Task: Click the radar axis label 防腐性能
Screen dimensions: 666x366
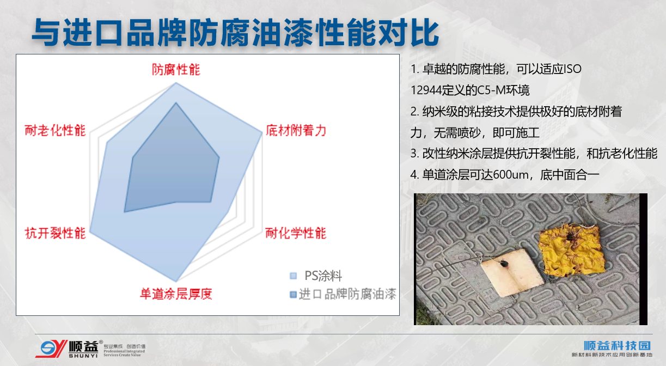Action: [176, 70]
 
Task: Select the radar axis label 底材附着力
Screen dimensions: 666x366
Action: [296, 131]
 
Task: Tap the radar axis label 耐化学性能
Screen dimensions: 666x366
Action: [296, 233]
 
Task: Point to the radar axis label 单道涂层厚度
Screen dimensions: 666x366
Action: [176, 294]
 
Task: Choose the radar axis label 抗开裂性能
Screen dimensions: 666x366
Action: [56, 233]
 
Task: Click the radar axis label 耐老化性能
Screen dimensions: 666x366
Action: [56, 131]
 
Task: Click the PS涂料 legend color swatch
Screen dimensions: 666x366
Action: [293, 276]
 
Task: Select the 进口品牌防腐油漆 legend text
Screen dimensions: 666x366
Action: [347, 294]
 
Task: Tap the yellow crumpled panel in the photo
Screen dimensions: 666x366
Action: [571, 251]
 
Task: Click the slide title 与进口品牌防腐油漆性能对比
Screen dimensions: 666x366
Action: [235, 32]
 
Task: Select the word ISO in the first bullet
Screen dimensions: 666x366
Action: [573, 69]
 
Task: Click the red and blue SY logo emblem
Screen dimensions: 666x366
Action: [51, 349]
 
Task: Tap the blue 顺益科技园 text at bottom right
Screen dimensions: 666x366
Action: [617, 345]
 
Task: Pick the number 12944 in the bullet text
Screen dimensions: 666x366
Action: [426, 90]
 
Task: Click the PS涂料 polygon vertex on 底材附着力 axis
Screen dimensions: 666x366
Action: [262, 134]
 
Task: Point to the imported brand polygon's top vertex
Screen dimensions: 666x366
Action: [176, 103]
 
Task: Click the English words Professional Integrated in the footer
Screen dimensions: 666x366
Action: [124, 351]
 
